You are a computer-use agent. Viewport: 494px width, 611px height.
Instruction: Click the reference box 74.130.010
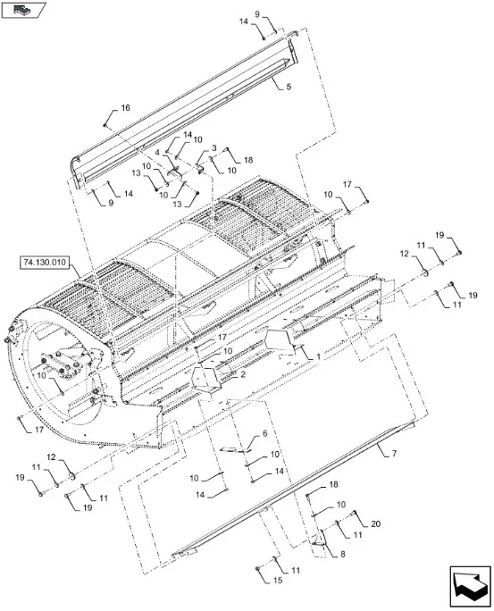point(44,263)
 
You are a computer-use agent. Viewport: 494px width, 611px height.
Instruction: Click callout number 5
point(289,87)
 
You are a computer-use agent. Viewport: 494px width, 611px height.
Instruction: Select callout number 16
point(125,107)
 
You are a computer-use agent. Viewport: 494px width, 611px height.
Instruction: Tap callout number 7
point(394,454)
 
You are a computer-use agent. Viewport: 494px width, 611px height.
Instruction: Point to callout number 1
point(318,356)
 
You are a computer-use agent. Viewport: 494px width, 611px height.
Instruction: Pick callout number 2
point(243,374)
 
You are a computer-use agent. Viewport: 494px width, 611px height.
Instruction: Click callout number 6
point(265,433)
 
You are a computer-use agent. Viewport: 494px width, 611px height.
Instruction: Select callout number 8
point(342,554)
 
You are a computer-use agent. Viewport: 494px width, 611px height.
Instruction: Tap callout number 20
point(375,524)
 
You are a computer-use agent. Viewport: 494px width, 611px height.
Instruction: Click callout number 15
point(278,581)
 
